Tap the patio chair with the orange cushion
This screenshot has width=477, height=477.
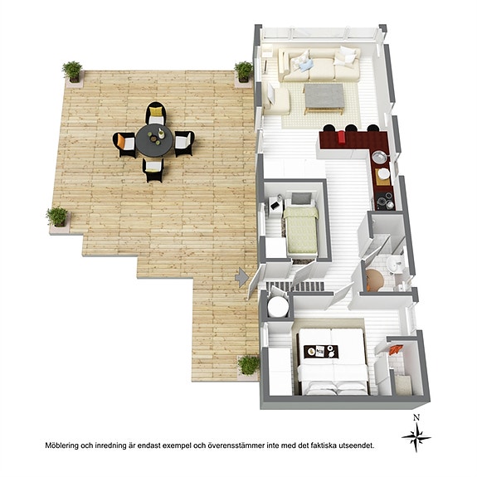point(124,144)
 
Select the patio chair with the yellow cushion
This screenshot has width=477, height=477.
point(156,113)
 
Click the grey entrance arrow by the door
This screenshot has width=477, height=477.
point(242,277)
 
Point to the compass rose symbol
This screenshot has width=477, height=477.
point(416,438)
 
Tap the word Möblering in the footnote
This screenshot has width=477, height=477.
point(61,445)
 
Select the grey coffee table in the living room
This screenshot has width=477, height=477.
point(324,97)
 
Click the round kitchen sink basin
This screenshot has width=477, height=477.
point(379,157)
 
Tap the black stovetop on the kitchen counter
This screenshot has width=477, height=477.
point(385,201)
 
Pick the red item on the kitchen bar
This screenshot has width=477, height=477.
point(341,138)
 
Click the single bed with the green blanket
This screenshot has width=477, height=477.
point(301,225)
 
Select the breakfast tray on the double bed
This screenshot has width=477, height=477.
point(321,352)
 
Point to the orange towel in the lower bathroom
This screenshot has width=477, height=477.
point(396,350)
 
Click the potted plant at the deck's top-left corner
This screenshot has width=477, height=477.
point(73,72)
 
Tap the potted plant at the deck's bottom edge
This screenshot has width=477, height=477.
point(249,366)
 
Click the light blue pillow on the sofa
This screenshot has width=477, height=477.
point(306,66)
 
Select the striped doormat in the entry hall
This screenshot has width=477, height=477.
point(294,286)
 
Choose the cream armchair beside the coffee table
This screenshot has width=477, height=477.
point(276,98)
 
